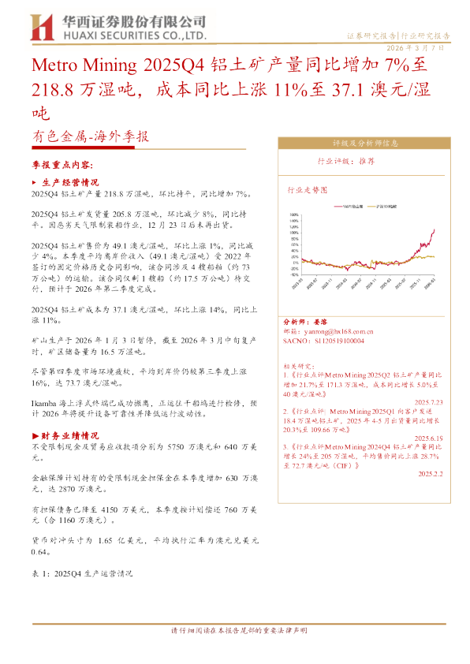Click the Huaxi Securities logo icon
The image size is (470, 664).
pyautogui.click(x=41, y=28)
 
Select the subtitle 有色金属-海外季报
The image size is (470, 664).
pyautogui.click(x=90, y=136)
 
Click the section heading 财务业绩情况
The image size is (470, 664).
pyautogui.click(x=68, y=435)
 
